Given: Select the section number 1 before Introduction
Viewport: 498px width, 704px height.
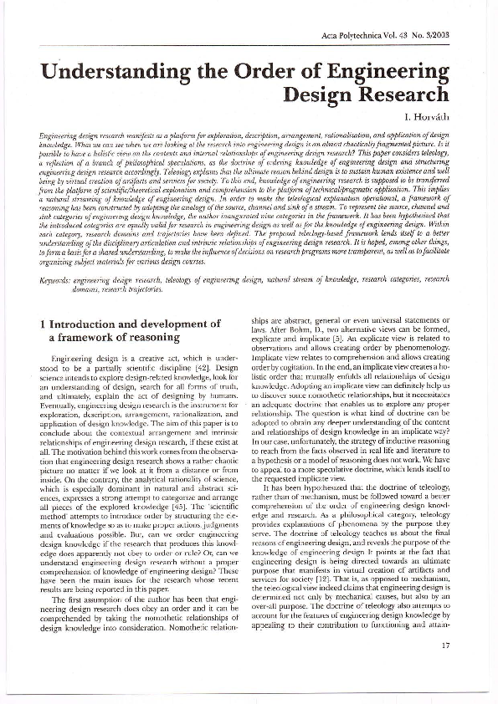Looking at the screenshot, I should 44,323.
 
